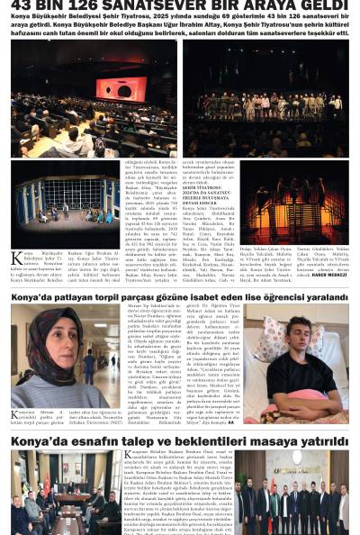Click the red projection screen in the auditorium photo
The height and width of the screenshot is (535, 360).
120,88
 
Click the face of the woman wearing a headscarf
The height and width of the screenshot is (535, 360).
49,338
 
